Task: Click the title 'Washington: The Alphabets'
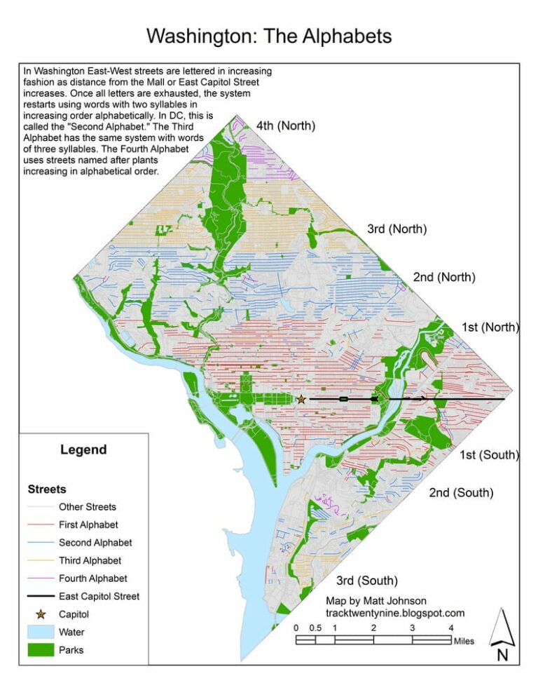pos(269,36)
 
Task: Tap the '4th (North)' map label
pos(285,126)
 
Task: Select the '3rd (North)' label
pos(397,229)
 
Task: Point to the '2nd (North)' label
pos(444,277)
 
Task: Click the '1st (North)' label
pos(490,327)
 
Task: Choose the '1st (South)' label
pos(488,456)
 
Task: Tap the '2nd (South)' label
pos(461,493)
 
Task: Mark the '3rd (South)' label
pos(367,581)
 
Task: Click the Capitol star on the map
pos(301,399)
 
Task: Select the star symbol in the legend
pos(41,614)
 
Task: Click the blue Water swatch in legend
pos(41,632)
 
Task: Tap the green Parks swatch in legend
pos(41,650)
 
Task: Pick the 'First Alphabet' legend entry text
pos(88,525)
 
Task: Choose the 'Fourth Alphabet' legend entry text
pos(92,578)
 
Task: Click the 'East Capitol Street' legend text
pos(99,597)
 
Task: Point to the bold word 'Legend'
pos(83,450)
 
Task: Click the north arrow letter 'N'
pos(502,656)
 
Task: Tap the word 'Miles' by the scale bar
pos(463,641)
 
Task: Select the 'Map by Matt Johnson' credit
pos(375,601)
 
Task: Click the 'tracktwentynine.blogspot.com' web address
pos(395,614)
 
